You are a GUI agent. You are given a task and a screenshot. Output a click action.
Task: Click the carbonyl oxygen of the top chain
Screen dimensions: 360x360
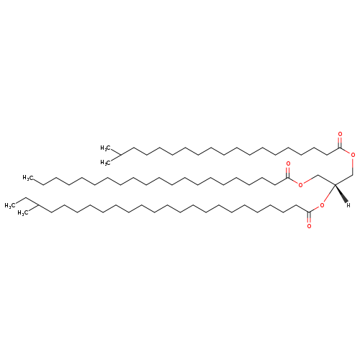340,134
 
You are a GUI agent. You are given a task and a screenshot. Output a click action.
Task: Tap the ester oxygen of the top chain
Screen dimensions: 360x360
353,155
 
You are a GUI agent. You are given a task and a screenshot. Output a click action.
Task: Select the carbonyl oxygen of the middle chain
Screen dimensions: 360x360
288,164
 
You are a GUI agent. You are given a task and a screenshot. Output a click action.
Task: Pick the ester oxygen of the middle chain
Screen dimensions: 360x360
300,185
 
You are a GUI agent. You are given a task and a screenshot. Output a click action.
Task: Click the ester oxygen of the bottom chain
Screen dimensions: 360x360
322,205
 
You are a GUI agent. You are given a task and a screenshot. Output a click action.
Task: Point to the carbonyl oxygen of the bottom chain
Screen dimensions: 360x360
309,226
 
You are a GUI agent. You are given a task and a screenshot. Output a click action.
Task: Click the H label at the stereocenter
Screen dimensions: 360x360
348,205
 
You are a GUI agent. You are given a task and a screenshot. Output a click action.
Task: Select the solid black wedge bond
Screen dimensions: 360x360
341,194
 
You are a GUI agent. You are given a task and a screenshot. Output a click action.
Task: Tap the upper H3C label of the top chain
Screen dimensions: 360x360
106,148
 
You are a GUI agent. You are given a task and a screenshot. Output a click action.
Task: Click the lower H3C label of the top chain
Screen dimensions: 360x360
106,163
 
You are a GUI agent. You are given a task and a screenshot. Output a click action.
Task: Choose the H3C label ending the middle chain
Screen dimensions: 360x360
28,178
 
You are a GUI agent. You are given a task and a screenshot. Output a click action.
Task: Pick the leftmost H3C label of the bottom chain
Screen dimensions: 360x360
10,206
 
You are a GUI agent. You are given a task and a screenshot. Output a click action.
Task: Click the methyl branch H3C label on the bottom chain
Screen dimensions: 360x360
23,213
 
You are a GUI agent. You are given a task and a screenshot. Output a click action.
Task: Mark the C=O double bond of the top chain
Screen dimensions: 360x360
340,143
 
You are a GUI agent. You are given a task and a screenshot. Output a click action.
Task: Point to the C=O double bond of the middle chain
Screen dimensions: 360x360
288,173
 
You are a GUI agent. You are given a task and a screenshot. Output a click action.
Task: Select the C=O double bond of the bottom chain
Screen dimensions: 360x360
309,217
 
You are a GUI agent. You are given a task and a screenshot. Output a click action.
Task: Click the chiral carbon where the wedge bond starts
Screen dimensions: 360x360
335,184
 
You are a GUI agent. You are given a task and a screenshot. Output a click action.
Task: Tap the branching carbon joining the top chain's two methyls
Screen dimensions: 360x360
120,156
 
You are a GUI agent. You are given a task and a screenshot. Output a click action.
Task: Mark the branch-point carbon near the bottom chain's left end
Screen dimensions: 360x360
38,205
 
